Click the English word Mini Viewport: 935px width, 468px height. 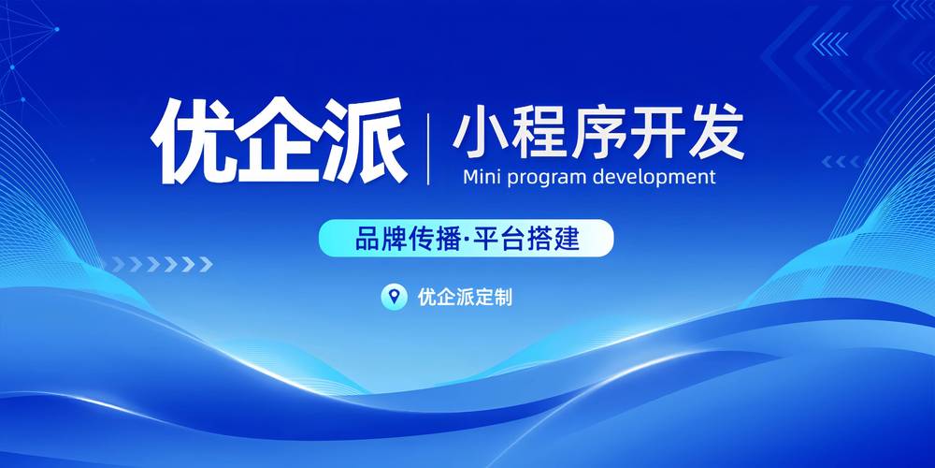point(482,177)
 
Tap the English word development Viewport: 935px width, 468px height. point(655,177)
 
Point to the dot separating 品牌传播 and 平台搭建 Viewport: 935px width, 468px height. point(467,240)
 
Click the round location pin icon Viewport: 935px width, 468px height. point(395,296)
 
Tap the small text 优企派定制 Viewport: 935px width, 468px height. point(465,297)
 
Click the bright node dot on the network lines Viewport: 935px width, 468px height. point(57,29)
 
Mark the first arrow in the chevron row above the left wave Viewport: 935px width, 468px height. point(119,265)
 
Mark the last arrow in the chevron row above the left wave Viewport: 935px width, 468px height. point(206,265)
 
